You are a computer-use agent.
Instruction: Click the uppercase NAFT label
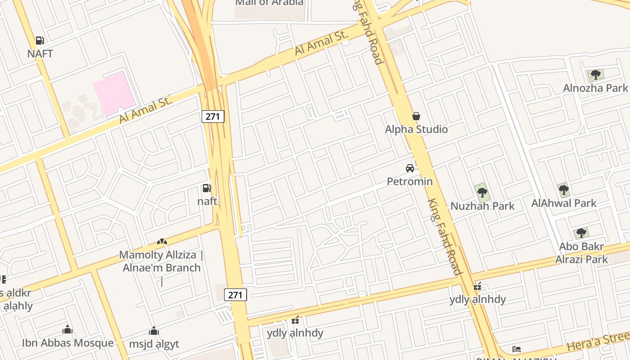[40, 54]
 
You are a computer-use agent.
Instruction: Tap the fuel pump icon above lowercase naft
[207, 188]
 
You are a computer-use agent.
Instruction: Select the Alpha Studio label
[416, 129]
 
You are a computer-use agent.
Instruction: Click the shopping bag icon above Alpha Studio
[416, 116]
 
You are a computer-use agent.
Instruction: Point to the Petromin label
[410, 181]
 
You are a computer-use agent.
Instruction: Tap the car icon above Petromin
[410, 168]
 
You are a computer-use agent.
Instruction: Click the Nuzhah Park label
[482, 206]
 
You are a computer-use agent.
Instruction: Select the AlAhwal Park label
[564, 203]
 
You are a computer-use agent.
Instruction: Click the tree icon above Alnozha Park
[596, 75]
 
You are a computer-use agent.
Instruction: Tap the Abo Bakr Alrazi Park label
[581, 253]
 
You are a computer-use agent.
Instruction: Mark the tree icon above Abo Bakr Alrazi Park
[581, 233]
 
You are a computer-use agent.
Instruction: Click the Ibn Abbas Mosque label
[68, 343]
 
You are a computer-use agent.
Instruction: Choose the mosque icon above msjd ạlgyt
[154, 331]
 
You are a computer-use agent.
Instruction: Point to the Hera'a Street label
[598, 341]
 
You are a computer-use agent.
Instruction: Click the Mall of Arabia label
[270, 3]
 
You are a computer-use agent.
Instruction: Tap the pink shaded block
[114, 94]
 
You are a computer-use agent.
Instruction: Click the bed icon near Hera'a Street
[517, 349]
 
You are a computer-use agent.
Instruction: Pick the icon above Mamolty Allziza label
[162, 242]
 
